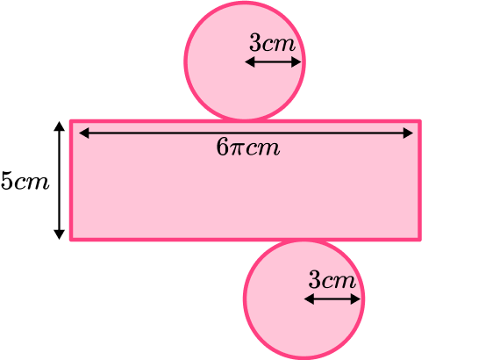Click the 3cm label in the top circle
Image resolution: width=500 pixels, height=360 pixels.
[272, 43]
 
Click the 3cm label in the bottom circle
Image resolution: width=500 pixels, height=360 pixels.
[332, 280]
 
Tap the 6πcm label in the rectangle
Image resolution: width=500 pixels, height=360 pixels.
[248, 148]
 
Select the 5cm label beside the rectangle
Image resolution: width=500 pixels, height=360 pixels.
[25, 181]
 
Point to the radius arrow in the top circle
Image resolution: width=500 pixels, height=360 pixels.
[273, 61]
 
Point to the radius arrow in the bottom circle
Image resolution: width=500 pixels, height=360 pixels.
[332, 299]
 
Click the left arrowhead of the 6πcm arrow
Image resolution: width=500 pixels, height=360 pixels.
[84, 133]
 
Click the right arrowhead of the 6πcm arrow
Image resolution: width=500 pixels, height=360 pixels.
[408, 133]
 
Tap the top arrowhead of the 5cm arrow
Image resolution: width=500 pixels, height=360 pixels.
[59, 126]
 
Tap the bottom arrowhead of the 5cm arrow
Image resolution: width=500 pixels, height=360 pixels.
[59, 234]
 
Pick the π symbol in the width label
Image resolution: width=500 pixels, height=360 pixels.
[237, 149]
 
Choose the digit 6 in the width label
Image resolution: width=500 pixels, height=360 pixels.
[223, 148]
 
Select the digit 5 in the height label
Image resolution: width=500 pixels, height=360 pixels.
[7, 181]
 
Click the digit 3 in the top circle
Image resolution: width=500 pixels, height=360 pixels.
[255, 43]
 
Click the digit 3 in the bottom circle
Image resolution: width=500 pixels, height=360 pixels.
[315, 280]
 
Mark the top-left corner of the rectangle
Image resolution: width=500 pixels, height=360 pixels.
[71, 121]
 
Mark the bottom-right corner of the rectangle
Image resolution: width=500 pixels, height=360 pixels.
[420, 240]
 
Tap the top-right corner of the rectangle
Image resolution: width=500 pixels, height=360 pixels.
[420, 121]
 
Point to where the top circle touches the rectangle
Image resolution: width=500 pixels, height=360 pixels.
[245, 120]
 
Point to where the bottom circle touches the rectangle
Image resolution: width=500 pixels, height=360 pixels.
[304, 240]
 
